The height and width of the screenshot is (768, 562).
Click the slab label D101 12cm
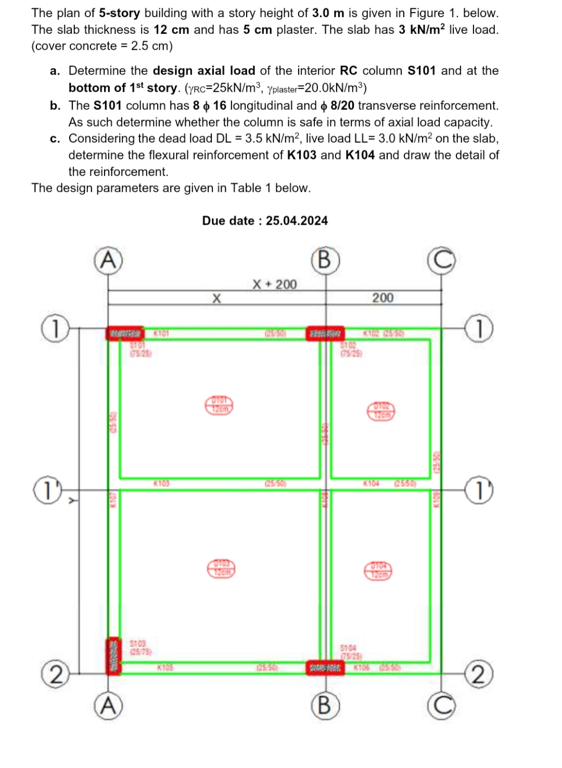pyautogui.click(x=219, y=405)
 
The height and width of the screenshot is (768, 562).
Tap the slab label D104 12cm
pyautogui.click(x=381, y=571)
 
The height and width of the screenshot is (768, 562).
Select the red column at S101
pyautogui.click(x=125, y=333)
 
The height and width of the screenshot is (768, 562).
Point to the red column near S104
pyautogui.click(x=325, y=667)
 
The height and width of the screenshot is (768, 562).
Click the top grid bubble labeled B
pyautogui.click(x=324, y=259)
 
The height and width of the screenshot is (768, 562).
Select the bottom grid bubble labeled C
pyautogui.click(x=441, y=706)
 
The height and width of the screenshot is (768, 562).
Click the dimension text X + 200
pyautogui.click(x=274, y=284)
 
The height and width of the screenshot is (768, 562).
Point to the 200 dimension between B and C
pyautogui.click(x=383, y=298)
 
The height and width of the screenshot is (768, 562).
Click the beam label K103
pyautogui.click(x=161, y=484)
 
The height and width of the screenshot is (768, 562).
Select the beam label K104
pyautogui.click(x=372, y=484)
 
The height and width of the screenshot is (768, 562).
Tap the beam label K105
pyautogui.click(x=165, y=667)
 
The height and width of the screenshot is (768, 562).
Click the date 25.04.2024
pyautogui.click(x=297, y=220)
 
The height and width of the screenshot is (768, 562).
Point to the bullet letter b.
pyautogui.click(x=55, y=105)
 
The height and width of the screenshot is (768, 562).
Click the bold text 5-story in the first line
pyautogui.click(x=119, y=13)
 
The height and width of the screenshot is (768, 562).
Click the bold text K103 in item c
pyautogui.click(x=301, y=155)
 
